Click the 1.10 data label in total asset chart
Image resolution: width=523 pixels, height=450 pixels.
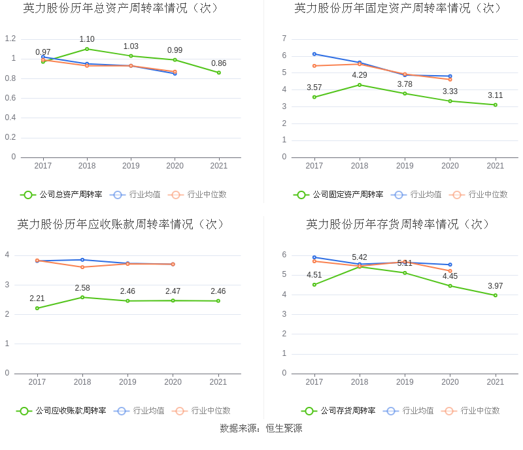[87, 39]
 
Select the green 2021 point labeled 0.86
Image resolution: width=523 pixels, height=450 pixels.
[219, 72]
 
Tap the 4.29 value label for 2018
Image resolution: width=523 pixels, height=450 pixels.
[360, 75]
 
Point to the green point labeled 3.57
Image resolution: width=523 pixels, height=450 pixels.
[314, 97]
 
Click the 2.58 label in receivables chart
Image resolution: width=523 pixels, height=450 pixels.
[82, 288]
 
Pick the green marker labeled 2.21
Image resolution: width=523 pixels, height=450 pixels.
[37, 308]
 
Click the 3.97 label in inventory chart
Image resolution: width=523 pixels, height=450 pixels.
[495, 286]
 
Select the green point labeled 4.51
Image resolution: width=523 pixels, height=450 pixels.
[314, 285]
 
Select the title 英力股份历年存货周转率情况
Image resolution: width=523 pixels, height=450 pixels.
[398, 224]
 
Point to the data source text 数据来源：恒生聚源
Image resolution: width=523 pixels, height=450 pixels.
[261, 428]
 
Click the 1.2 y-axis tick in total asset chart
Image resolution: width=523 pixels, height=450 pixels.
[10, 39]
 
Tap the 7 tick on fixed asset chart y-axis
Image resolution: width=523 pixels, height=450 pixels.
[284, 39]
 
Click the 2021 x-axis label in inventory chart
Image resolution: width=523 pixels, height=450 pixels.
[495, 382]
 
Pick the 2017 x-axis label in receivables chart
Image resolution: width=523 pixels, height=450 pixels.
[37, 382]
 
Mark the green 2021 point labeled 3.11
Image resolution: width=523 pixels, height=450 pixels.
[496, 104]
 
